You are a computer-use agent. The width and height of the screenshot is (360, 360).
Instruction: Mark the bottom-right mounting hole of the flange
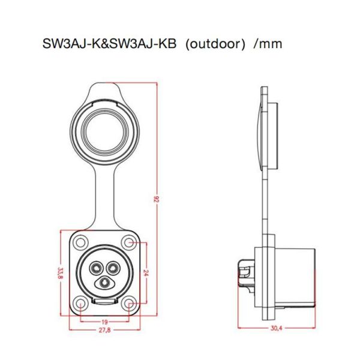pyautogui.click(x=128, y=302)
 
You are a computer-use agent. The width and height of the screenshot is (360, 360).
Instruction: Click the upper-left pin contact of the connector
pyautogui.click(x=95, y=267)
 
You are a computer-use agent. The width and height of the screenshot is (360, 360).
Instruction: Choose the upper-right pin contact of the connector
pyautogui.click(x=111, y=267)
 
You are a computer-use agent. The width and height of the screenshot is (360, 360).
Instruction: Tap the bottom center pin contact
pyautogui.click(x=103, y=281)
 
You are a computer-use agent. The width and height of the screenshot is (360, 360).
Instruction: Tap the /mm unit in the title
pyautogui.click(x=268, y=45)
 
